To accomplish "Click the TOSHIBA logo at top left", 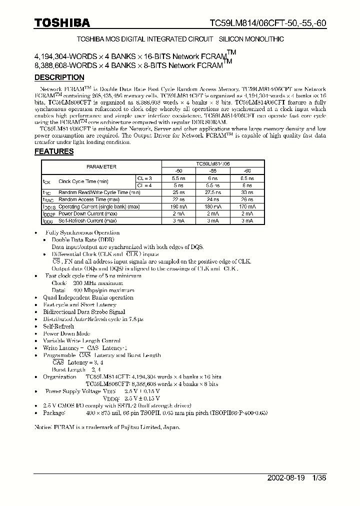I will point(62,22).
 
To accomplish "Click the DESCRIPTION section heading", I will point(59,77).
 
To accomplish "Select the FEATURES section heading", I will point(53,151).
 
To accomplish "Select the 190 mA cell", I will point(179,206).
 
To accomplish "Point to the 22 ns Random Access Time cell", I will point(179,199).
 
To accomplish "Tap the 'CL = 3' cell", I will point(147,178).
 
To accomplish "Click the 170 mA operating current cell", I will point(247,206).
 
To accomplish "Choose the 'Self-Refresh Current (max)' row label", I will point(87,220).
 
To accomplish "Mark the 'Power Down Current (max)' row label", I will point(88,213).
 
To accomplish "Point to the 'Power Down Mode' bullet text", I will point(66,333).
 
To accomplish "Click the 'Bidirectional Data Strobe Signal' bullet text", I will point(77,312).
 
